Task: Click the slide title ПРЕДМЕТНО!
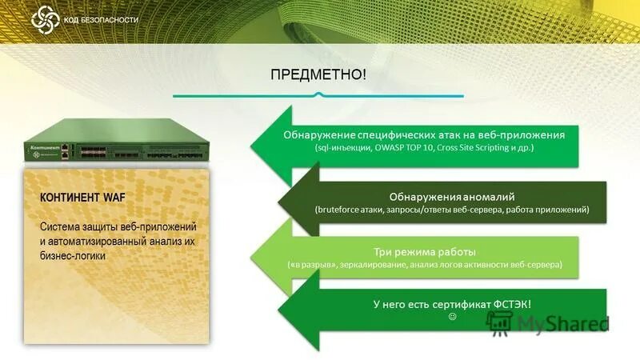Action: [x=319, y=74]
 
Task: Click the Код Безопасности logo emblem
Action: [x=44, y=18]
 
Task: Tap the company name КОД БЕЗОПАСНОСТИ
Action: [x=100, y=19]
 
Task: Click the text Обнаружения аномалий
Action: [x=451, y=196]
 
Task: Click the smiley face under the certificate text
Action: [x=452, y=318]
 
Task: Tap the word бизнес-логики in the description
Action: [x=73, y=255]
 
